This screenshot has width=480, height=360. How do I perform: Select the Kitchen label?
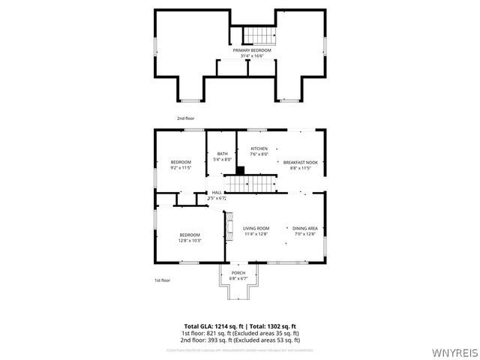click(259, 151)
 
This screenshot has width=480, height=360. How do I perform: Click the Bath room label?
click(223, 156)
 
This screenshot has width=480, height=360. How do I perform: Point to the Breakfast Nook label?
click(300, 165)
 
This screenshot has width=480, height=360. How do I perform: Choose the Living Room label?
click(256, 231)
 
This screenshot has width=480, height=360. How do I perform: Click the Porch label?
click(238, 275)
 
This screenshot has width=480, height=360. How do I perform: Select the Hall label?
click(217, 195)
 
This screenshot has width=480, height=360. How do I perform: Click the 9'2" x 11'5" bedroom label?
click(181, 165)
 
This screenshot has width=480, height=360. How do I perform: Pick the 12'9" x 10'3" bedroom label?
click(190, 238)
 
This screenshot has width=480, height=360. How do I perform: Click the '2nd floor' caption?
click(184, 118)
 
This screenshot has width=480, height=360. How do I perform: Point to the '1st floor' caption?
click(162, 280)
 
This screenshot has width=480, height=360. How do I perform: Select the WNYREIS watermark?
click(457, 352)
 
